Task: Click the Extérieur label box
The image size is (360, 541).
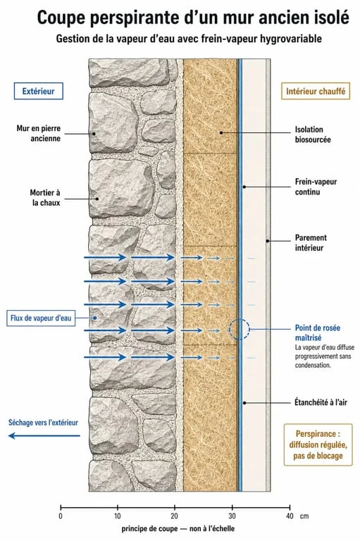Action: pos(38,91)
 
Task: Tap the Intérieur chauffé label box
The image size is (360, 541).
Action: pos(316,91)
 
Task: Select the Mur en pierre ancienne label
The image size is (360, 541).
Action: pos(39,133)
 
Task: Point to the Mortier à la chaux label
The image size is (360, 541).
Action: pos(45,197)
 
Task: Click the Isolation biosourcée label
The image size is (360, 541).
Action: pos(313,135)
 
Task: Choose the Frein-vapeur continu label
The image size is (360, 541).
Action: pos(316,187)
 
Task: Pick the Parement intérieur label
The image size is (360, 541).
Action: pos(311,242)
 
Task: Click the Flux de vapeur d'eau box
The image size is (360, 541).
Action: pos(41,318)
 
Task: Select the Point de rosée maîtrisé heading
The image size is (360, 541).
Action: pos(317,332)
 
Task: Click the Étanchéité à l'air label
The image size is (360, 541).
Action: pos(321,402)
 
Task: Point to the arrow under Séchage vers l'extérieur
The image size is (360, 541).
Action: pos(44,436)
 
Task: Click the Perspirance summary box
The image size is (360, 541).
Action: pos(318,444)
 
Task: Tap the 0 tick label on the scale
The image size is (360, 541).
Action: pos(61,516)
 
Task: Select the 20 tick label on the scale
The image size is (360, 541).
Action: pos(174,516)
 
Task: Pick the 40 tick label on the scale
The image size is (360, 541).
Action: pos(290,516)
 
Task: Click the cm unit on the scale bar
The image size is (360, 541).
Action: pos(304,516)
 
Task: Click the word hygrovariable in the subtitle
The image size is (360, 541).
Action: pos(291,39)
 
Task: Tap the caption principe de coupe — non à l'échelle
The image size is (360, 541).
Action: pos(178,528)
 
